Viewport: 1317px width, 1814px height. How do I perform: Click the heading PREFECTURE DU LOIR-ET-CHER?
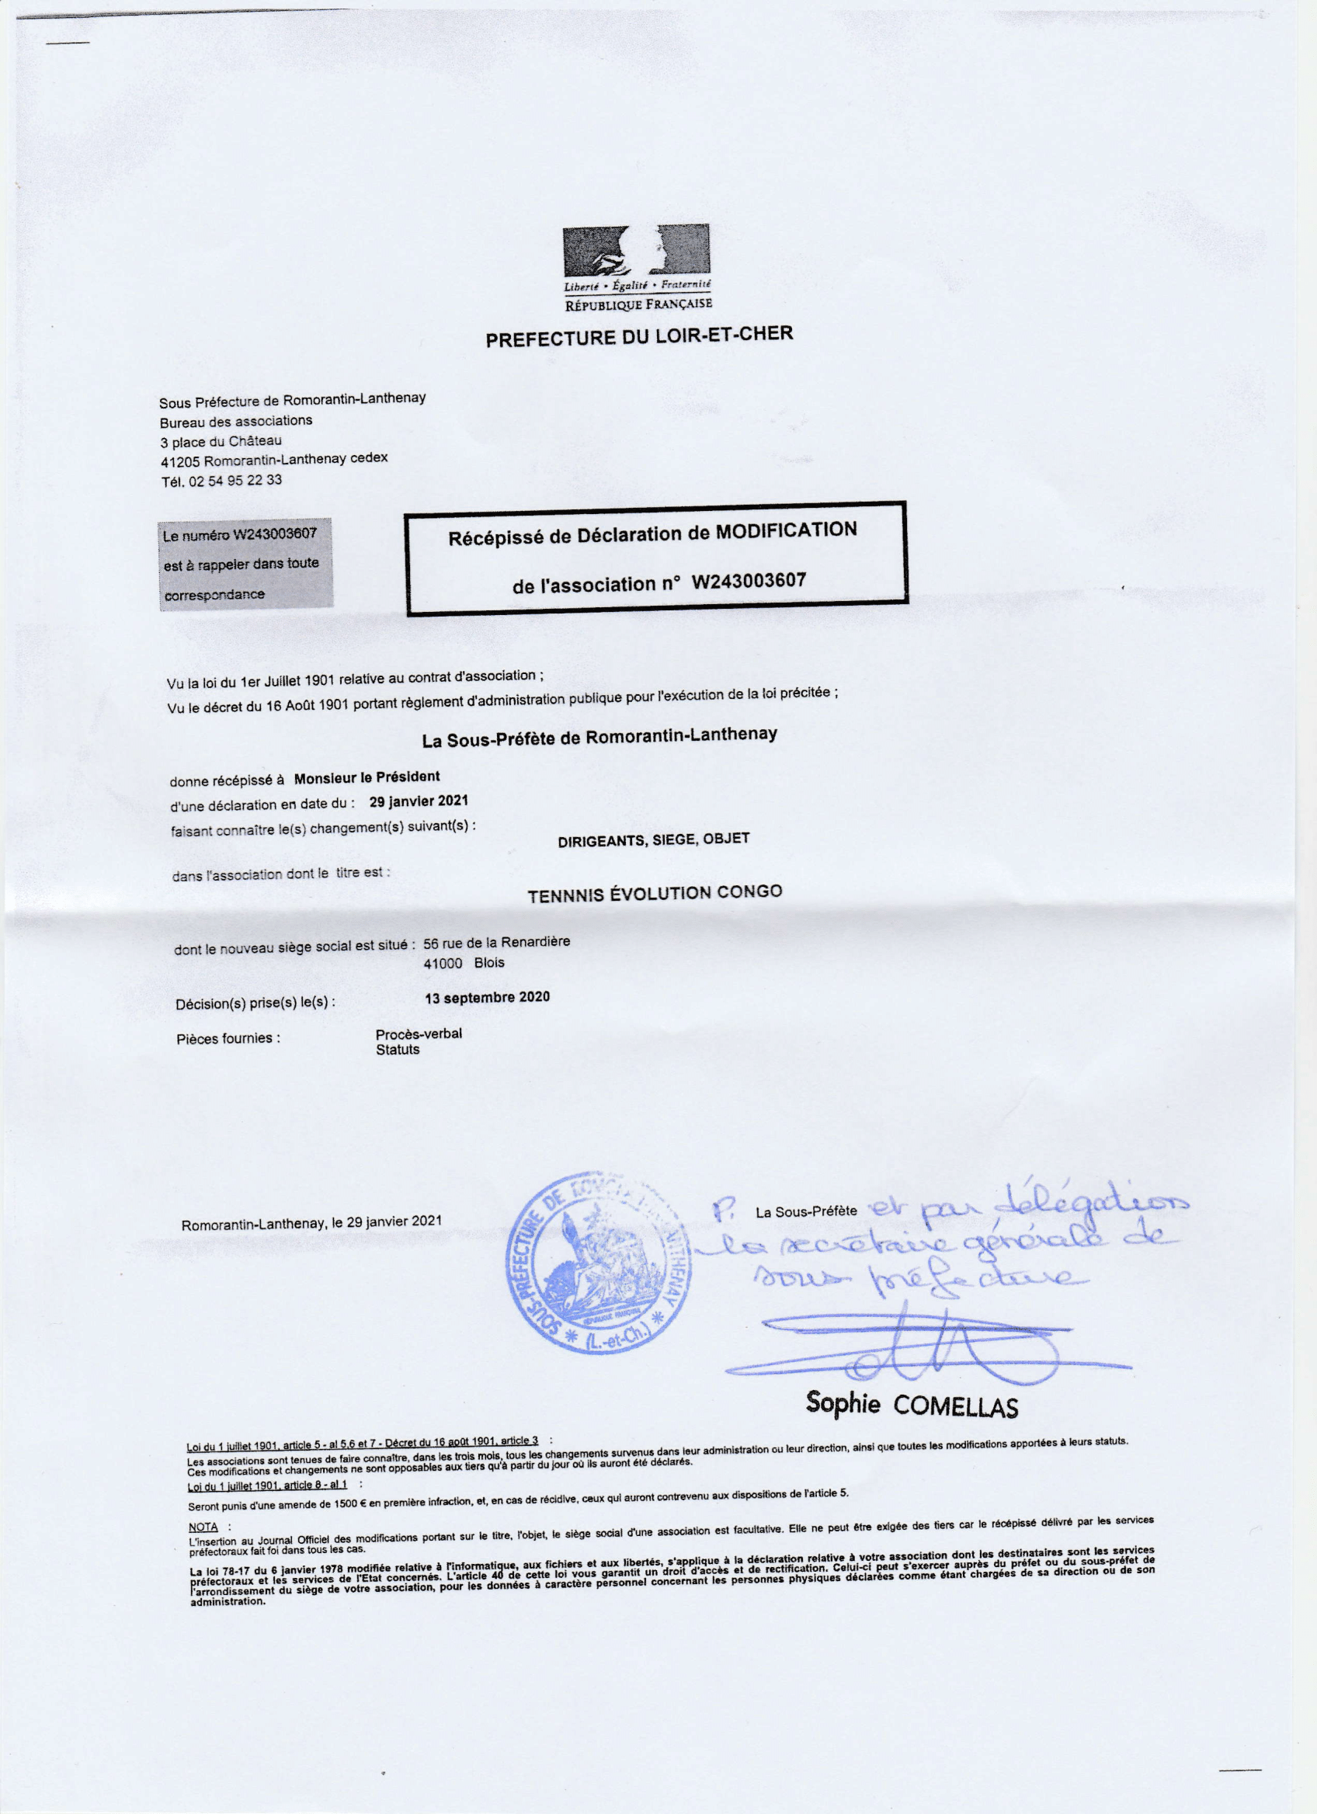point(639,337)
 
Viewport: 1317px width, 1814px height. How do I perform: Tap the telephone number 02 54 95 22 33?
point(235,481)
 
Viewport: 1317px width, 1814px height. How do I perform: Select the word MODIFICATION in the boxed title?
point(785,531)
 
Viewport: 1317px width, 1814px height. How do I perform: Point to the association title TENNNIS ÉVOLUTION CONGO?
point(654,893)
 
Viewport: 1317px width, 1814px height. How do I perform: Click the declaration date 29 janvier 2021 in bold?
point(419,801)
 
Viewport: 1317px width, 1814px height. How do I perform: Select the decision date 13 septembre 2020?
point(487,997)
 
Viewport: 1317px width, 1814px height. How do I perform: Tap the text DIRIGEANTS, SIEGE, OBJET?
point(653,839)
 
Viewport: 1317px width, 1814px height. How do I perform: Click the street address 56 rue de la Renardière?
point(496,942)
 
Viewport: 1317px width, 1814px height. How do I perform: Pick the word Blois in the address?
point(489,963)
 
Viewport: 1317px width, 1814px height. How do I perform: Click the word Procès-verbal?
point(419,1034)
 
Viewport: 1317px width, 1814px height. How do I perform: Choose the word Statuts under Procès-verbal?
point(398,1050)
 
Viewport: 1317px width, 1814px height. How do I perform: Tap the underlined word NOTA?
point(203,1527)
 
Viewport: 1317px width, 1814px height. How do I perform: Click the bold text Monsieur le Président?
point(367,777)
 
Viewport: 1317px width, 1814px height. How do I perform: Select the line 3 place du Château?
point(221,441)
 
